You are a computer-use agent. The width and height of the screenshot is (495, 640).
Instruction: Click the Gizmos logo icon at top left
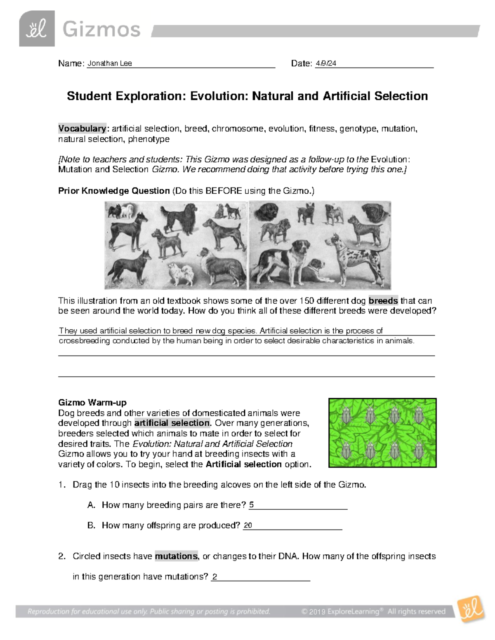(x=37, y=29)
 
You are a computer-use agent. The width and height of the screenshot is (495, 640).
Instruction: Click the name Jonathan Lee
(x=109, y=63)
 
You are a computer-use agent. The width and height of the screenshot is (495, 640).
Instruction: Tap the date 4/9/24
(x=326, y=63)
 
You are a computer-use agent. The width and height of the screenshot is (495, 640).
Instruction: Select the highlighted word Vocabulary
(x=82, y=129)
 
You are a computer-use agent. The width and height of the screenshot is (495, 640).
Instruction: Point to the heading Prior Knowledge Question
(x=114, y=191)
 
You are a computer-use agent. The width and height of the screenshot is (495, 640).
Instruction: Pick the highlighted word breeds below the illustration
(x=383, y=301)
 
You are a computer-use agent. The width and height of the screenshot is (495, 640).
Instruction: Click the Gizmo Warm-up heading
(x=92, y=403)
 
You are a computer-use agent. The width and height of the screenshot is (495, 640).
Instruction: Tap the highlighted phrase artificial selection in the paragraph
(x=172, y=423)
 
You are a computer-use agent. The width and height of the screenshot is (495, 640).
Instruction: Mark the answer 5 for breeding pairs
(x=251, y=505)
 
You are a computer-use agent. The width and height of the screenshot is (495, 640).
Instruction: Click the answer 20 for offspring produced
(x=247, y=525)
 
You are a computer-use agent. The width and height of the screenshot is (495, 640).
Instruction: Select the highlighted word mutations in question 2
(x=176, y=556)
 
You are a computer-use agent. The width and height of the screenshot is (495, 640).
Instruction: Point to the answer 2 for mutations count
(x=214, y=577)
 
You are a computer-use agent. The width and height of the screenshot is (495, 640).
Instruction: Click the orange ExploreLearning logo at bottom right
(x=471, y=609)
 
